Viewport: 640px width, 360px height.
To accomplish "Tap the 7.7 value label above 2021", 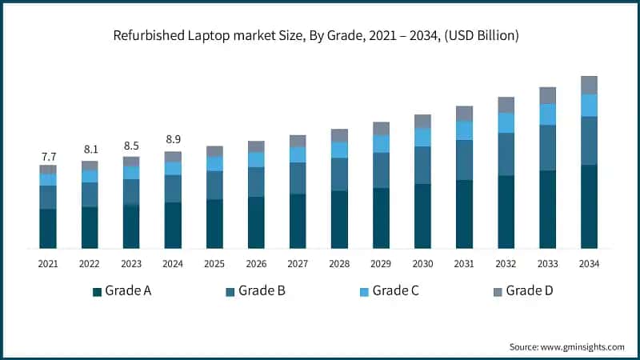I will pyautogui.click(x=48, y=155).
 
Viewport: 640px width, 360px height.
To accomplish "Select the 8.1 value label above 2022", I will pyautogui.click(x=90, y=150).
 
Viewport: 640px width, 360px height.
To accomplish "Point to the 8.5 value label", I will pyautogui.click(x=131, y=146).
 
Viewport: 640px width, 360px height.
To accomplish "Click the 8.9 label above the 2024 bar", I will pyautogui.click(x=173, y=140).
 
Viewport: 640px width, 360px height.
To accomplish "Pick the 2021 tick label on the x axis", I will pyautogui.click(x=48, y=263).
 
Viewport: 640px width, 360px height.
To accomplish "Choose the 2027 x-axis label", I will pyautogui.click(x=298, y=263).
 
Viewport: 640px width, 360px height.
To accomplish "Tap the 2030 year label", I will pyautogui.click(x=422, y=263).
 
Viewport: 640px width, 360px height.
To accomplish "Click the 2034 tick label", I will pyautogui.click(x=589, y=263).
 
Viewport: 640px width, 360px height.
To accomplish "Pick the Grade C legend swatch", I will pyautogui.click(x=364, y=291).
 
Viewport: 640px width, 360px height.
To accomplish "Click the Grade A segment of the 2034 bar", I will pyautogui.click(x=589, y=206).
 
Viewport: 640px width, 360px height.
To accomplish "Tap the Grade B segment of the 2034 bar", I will pyautogui.click(x=589, y=140).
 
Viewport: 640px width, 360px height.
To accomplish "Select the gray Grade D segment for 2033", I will pyautogui.click(x=547, y=95).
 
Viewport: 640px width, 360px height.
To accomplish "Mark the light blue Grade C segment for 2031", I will pyautogui.click(x=464, y=130).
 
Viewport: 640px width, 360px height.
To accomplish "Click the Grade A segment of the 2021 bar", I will pyautogui.click(x=48, y=228).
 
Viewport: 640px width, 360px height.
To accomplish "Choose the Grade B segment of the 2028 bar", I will pyautogui.click(x=339, y=174).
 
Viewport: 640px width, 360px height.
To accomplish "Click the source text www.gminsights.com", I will pyautogui.click(x=566, y=346).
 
